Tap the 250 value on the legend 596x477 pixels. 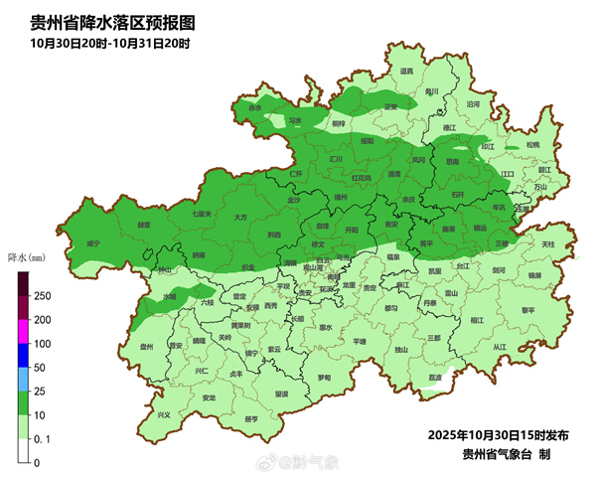(x=43, y=296)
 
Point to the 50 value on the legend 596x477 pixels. (x=40, y=368)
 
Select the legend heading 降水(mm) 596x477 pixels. (x=27, y=255)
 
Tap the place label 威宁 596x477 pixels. (x=92, y=242)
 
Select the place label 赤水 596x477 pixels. (x=256, y=107)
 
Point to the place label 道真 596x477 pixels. (x=406, y=72)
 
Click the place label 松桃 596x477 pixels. (x=533, y=145)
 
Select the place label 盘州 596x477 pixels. (x=146, y=347)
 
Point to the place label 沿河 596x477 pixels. (x=473, y=102)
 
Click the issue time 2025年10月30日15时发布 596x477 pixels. (x=498, y=435)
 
